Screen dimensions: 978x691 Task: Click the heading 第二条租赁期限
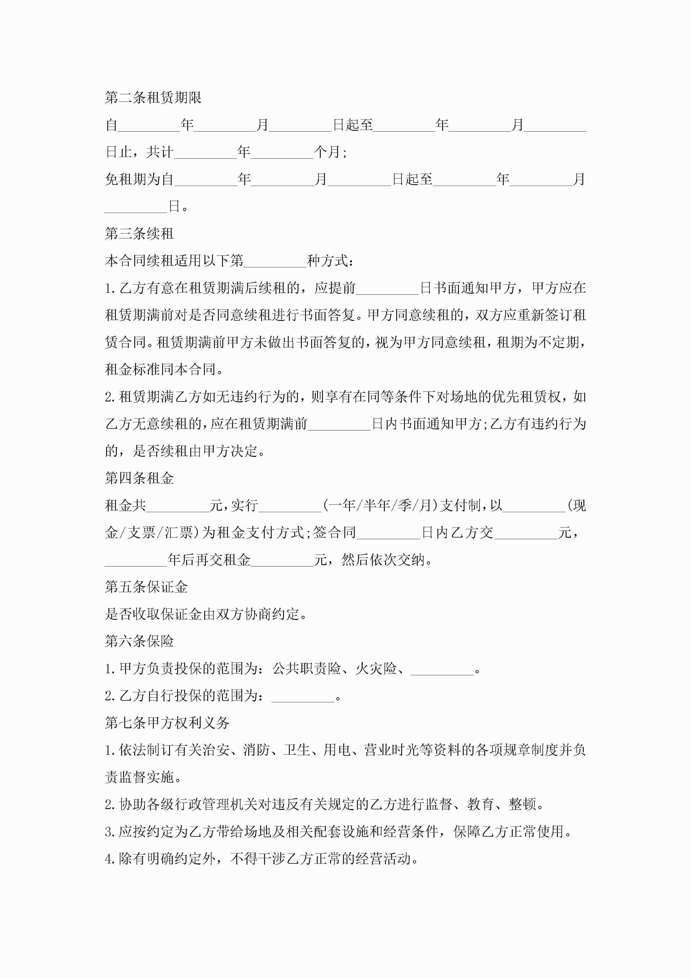pos(153,98)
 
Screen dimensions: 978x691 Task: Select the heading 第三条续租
pos(139,233)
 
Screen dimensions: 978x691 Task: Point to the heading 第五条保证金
pos(146,587)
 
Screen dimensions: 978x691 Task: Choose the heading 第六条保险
pos(139,641)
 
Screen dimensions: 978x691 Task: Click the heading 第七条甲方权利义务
pos(167,722)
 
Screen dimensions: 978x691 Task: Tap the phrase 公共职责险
pos(306,668)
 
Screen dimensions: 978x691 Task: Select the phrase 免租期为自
pos(139,179)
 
